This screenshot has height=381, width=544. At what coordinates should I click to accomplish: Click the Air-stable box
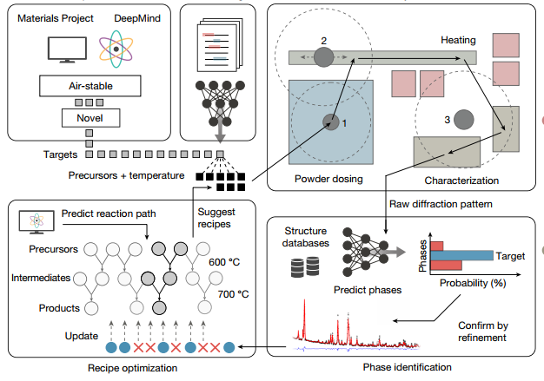(x=91, y=86)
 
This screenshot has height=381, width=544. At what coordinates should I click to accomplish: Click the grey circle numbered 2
(x=323, y=58)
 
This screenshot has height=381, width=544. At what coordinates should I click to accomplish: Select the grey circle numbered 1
(x=330, y=122)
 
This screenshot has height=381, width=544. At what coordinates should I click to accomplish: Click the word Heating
(x=459, y=40)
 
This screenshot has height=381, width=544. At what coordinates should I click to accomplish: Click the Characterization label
(x=461, y=180)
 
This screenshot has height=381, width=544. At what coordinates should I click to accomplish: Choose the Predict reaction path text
(x=101, y=213)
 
